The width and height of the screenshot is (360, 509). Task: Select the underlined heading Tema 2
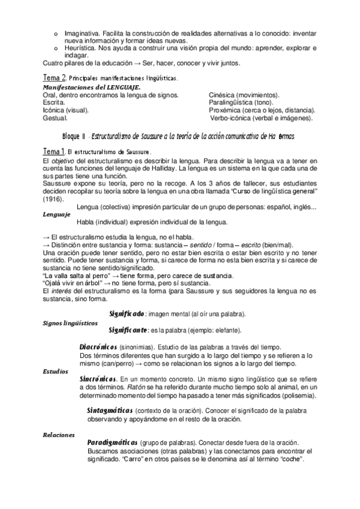coord(55,78)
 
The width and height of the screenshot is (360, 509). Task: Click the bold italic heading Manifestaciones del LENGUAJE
coord(88,88)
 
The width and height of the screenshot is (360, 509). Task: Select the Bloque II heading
coord(178,136)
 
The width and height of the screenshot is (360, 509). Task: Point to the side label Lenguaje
coord(56,214)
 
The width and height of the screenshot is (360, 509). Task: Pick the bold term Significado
coord(127,313)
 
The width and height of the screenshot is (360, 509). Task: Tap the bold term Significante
coord(128,330)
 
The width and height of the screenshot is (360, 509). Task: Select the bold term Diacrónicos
coord(98,347)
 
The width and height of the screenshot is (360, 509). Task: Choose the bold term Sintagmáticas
coord(109,410)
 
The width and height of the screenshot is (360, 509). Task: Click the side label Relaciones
coord(59,433)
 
